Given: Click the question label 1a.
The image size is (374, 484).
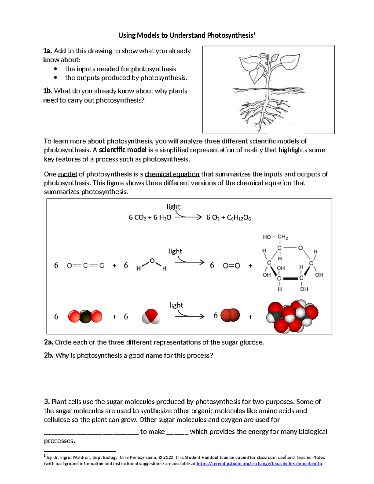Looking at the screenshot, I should (48, 51).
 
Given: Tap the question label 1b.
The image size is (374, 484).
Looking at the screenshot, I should (48, 91).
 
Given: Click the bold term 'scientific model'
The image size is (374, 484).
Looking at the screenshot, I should (122, 150).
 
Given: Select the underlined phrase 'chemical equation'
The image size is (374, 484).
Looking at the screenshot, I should (172, 174).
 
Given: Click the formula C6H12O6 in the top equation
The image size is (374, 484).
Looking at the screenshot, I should (239, 218).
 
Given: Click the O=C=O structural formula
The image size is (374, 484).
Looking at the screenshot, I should (86, 266).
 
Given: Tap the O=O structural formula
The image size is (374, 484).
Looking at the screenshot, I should (231, 266).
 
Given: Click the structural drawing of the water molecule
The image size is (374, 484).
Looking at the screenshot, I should (151, 265).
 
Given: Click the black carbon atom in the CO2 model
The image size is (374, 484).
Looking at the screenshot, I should (85, 317).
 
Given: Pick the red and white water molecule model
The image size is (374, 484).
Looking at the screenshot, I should (151, 317).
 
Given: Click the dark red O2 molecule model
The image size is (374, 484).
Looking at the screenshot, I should (230, 315).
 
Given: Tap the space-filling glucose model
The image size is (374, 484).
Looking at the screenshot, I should (292, 317).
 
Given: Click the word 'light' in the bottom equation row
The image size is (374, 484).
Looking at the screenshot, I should (176, 305).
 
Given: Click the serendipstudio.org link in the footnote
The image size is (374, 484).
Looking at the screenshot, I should (259, 464).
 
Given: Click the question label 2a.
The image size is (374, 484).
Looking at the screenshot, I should (49, 343).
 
